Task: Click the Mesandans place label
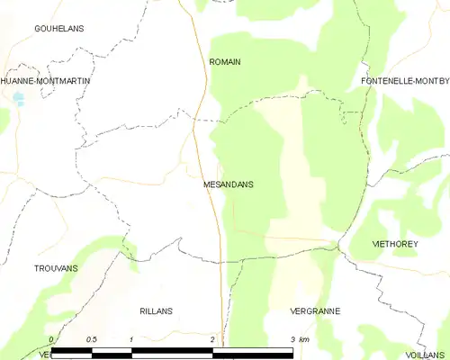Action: point(228,184)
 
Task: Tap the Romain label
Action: point(224,62)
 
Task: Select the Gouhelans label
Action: point(58,29)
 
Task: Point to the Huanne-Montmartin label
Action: point(46,81)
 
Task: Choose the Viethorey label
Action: point(397,244)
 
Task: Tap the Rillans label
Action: point(156,310)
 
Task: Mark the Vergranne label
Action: point(315,310)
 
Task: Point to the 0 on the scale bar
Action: point(51,339)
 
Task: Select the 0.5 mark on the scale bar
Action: point(91,339)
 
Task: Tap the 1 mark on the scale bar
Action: point(131,339)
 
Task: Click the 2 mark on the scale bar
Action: point(212,339)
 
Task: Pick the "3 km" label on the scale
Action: point(300,339)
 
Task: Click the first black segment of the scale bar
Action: point(71,348)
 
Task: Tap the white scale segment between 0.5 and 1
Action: point(112,348)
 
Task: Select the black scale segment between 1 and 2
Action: point(172,348)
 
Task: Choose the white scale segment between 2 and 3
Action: point(253,348)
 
